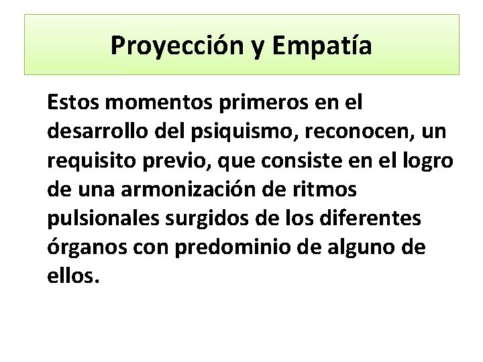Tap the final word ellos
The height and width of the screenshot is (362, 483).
click(x=73, y=277)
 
